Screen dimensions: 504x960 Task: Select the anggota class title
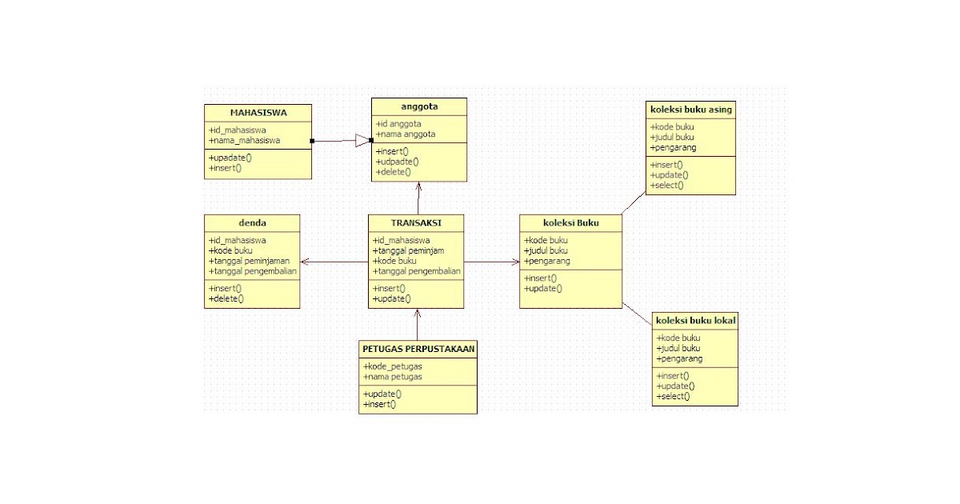[x=419, y=106]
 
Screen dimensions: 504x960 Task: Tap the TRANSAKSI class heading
[x=416, y=222]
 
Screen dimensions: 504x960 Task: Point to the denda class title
[x=252, y=222]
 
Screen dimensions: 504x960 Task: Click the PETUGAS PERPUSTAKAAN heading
[x=418, y=348]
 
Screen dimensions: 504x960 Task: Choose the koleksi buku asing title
[x=691, y=109]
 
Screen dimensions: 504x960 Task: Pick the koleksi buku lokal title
[x=695, y=320]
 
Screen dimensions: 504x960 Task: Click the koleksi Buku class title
[x=570, y=222]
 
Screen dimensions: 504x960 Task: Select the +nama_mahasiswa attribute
[x=244, y=140]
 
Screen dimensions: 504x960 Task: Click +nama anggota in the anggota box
[x=406, y=134]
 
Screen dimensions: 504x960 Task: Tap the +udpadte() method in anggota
[x=397, y=162]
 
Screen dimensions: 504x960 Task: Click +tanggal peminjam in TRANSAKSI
[x=408, y=250]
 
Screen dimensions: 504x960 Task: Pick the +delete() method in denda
[x=226, y=298]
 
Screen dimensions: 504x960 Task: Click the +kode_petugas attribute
[x=393, y=366]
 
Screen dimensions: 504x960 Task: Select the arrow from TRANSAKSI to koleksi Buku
[x=491, y=262]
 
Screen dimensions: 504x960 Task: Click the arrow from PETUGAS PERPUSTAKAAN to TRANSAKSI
[x=417, y=324]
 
